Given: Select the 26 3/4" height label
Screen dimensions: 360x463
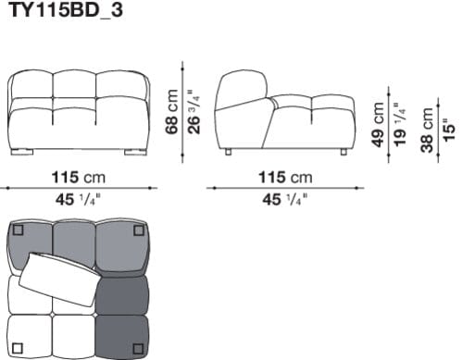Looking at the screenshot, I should pos(192,111).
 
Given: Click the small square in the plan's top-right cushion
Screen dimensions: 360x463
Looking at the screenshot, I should pos(137,230).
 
